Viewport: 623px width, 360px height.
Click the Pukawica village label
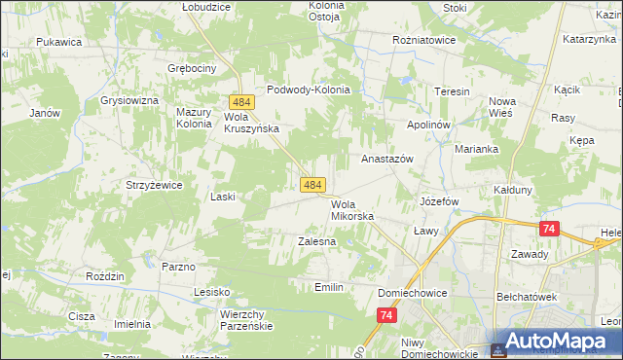click(58, 42)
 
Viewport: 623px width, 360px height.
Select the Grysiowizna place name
click(128, 100)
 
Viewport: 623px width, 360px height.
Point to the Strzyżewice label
click(154, 185)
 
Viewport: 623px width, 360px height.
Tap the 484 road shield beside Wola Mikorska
click(312, 184)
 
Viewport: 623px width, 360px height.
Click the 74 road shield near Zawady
click(550, 228)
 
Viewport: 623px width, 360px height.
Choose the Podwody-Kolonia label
click(308, 90)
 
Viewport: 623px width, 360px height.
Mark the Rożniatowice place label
click(424, 41)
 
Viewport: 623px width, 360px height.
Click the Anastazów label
click(388, 158)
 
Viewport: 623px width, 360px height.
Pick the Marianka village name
click(477, 149)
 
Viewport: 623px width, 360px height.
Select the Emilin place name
click(330, 287)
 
